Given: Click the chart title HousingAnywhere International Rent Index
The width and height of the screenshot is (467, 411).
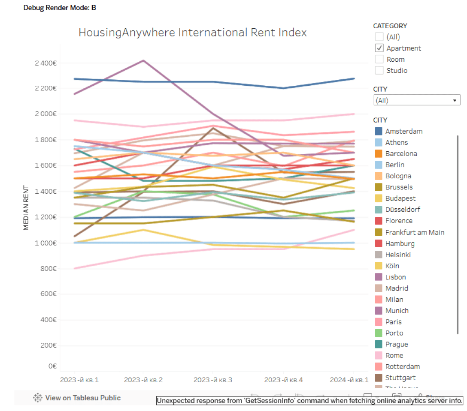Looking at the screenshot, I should (192, 33).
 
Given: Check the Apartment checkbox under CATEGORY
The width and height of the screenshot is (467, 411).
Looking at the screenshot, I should (379, 48).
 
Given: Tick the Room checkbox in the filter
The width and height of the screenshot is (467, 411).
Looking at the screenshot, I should (379, 59).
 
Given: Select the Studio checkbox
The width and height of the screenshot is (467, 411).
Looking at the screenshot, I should (379, 70).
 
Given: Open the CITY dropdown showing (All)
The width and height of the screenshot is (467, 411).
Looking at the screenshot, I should (416, 100).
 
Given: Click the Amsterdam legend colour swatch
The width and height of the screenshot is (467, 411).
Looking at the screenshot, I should (378, 131).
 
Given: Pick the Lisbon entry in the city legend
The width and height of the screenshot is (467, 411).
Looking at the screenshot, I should (395, 277).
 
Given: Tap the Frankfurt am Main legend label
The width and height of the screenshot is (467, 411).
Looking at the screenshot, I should (415, 232).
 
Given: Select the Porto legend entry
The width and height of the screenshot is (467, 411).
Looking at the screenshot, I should (394, 333).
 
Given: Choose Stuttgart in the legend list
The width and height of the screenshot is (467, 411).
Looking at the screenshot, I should (400, 378).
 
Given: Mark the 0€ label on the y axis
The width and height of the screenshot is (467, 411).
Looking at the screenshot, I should (52, 366).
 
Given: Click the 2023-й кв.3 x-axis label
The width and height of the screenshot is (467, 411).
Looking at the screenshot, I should (213, 380).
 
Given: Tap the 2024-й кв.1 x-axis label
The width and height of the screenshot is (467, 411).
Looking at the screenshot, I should (349, 380).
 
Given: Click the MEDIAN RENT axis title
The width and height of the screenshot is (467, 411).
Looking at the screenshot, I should (27, 207).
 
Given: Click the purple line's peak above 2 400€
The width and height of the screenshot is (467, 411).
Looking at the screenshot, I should (143, 60).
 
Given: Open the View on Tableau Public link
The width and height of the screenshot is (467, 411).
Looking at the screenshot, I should (77, 398).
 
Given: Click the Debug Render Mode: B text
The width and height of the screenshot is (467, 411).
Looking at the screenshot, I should (60, 8).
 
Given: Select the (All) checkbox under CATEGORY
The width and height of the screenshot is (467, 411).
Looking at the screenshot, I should (379, 37).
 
